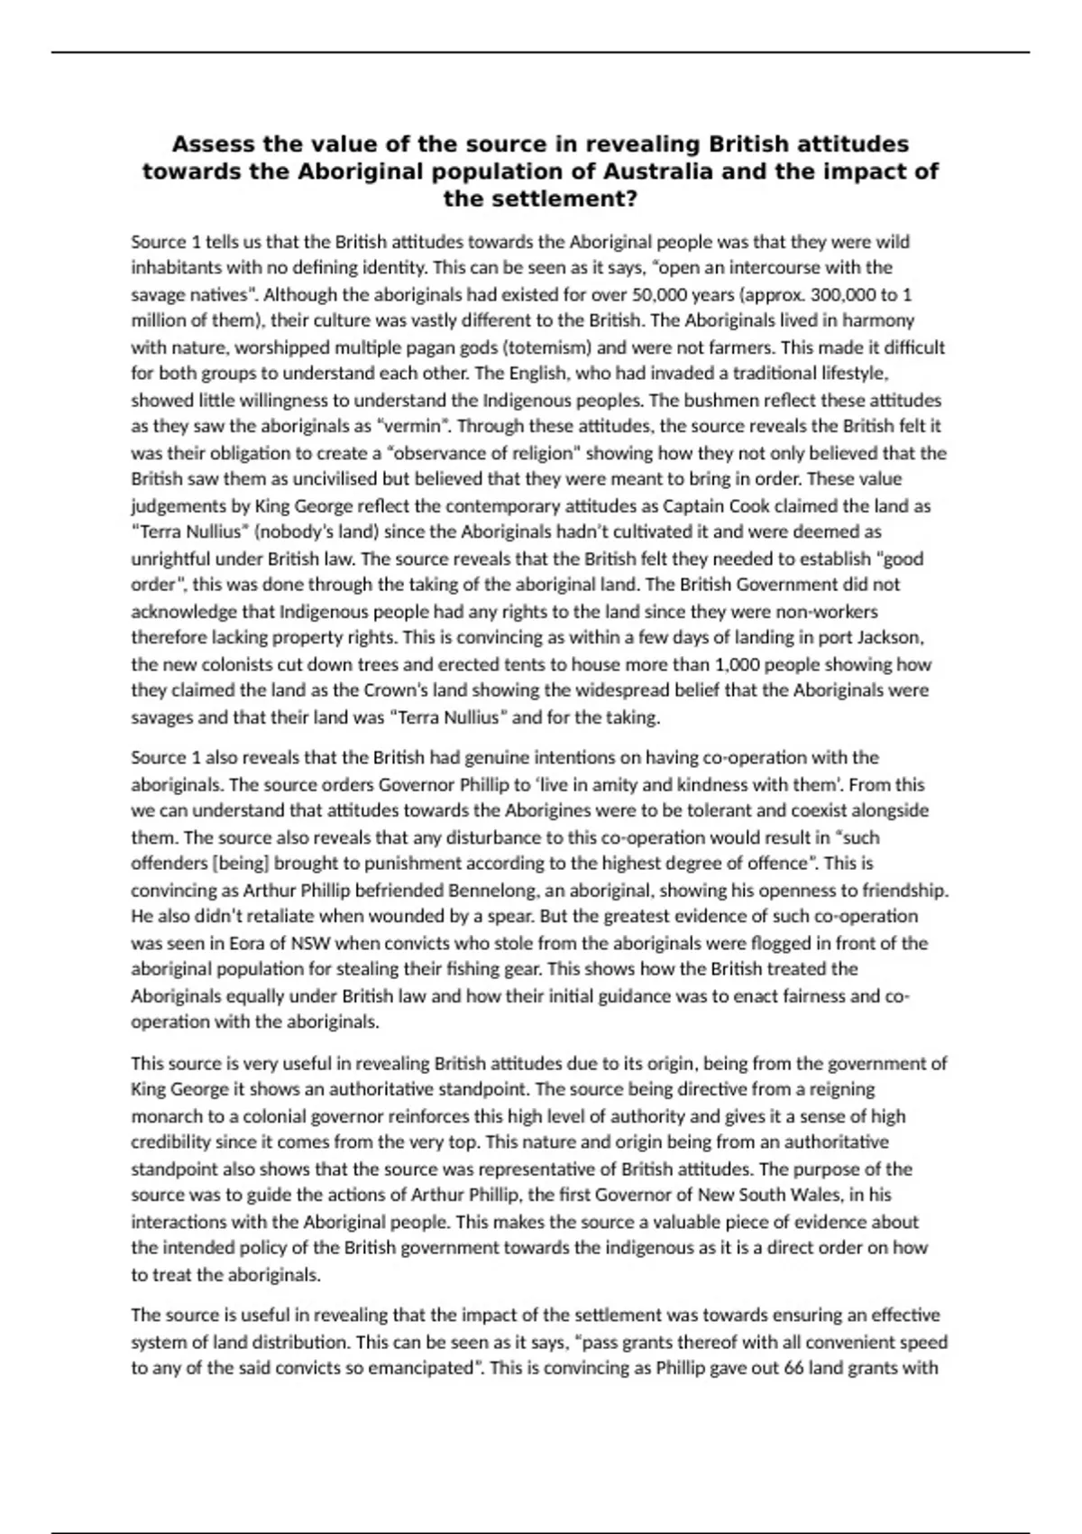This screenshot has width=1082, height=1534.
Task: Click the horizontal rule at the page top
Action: click(541, 52)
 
